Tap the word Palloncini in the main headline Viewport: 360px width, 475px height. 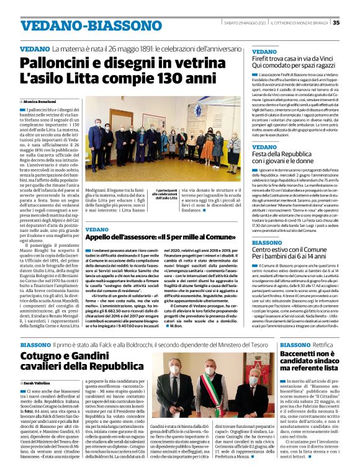[x=55, y=63]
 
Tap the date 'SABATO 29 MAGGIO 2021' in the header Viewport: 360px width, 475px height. [x=244, y=23]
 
